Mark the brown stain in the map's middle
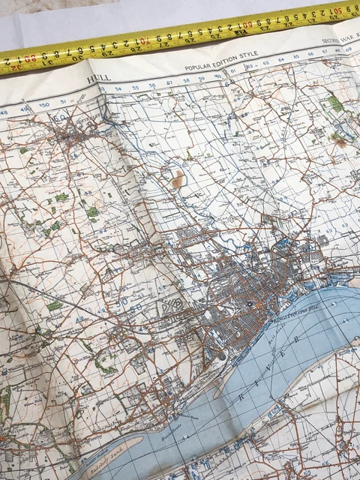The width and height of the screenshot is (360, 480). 178,178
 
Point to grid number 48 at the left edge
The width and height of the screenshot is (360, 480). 4,113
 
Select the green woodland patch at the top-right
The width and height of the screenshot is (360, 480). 335,103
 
